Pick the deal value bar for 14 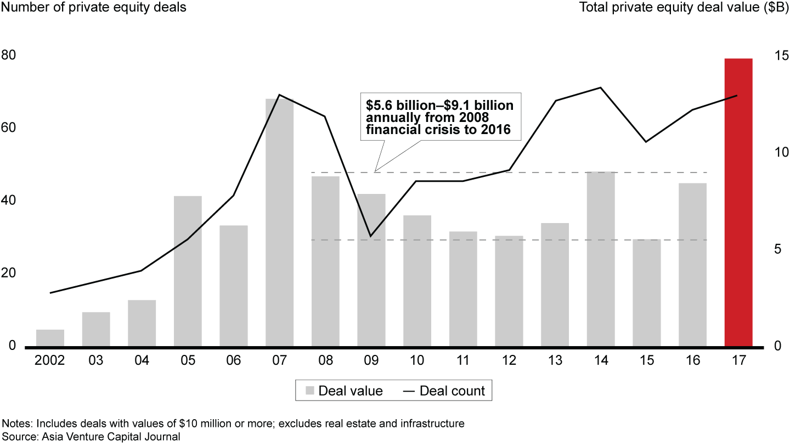pos(601,259)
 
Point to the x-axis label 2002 pos(50,361)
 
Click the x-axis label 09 pos(371,361)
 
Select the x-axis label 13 pos(555,361)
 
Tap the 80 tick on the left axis pos(9,55)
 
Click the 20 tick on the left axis pos(9,274)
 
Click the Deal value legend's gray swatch pos(310,391)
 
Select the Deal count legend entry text pos(452,391)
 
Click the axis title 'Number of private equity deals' pos(94,8)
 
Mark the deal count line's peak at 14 pos(601,87)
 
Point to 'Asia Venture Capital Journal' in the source pos(105,437)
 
